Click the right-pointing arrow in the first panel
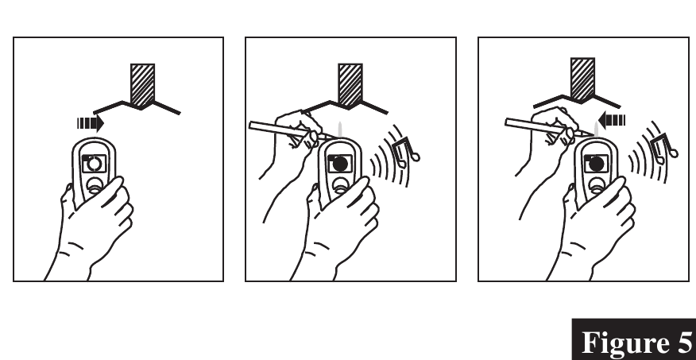pyautogui.click(x=91, y=123)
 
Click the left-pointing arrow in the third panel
pyautogui.click(x=612, y=120)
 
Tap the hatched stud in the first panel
pyautogui.click(x=142, y=85)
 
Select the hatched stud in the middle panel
pyautogui.click(x=350, y=85)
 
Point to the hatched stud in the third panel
pyautogui.click(x=582, y=79)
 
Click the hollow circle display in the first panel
pyautogui.click(x=94, y=164)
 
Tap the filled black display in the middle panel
pyautogui.click(x=340, y=164)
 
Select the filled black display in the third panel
pyautogui.click(x=596, y=164)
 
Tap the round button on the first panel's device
pyautogui.click(x=95, y=185)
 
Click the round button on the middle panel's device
pyautogui.click(x=341, y=184)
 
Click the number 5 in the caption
pyautogui.click(x=680, y=343)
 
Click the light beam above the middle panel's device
pyautogui.click(x=340, y=130)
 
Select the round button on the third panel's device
pyautogui.click(x=597, y=184)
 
